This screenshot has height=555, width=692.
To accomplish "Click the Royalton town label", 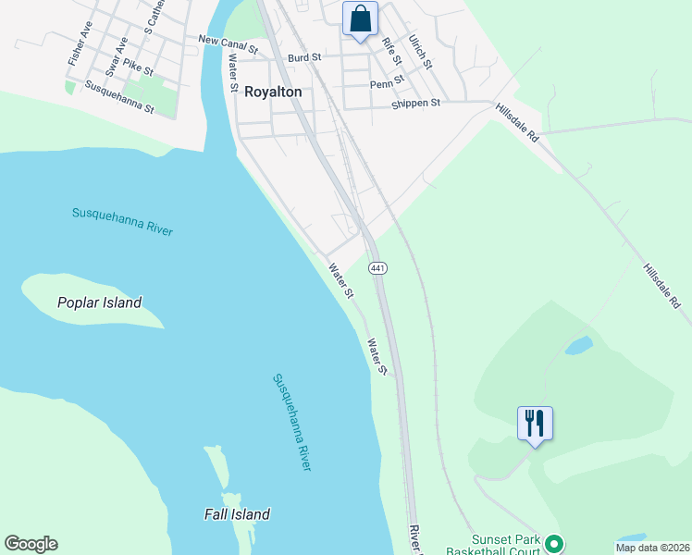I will click(273, 92).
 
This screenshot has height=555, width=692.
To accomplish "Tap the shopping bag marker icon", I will click(360, 18).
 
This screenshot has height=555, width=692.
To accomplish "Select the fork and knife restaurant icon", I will click(535, 423).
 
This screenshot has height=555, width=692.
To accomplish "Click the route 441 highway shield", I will click(377, 267).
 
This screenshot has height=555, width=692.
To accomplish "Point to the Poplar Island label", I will click(99, 302).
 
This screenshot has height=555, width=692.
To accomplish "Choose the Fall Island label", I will click(237, 514).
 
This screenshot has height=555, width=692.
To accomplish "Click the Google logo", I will click(31, 544).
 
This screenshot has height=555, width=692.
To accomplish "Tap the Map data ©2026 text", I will click(652, 548).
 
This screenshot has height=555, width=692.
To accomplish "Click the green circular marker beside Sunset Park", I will click(554, 544).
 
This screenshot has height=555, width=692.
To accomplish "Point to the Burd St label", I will click(303, 57).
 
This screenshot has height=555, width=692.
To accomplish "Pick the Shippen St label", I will click(415, 104).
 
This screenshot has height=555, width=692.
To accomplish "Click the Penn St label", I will click(382, 84).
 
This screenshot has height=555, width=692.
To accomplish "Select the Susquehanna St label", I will click(119, 95).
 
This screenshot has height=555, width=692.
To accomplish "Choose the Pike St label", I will click(138, 68).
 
